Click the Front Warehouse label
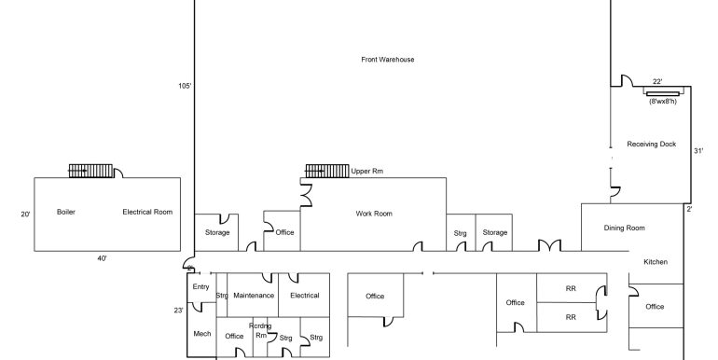coord(387,60)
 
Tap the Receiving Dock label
coord(651,144)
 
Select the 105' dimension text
coord(185,86)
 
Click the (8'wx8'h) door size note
coord(663,102)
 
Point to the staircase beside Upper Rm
coord(327,171)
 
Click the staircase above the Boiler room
coord(90,171)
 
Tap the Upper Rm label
coord(366,172)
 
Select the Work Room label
coord(374,214)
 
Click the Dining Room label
coord(624,228)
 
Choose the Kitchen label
coord(656,262)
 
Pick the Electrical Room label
coord(147,212)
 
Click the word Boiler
coord(66,212)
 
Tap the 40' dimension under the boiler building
coord(102,258)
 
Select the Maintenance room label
coord(254,296)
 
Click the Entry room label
coord(200,287)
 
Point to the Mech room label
coord(202,334)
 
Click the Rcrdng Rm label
coord(260,331)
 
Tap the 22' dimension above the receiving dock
coord(657,81)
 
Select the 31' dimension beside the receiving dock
coord(698,151)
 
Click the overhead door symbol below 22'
coord(662,93)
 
